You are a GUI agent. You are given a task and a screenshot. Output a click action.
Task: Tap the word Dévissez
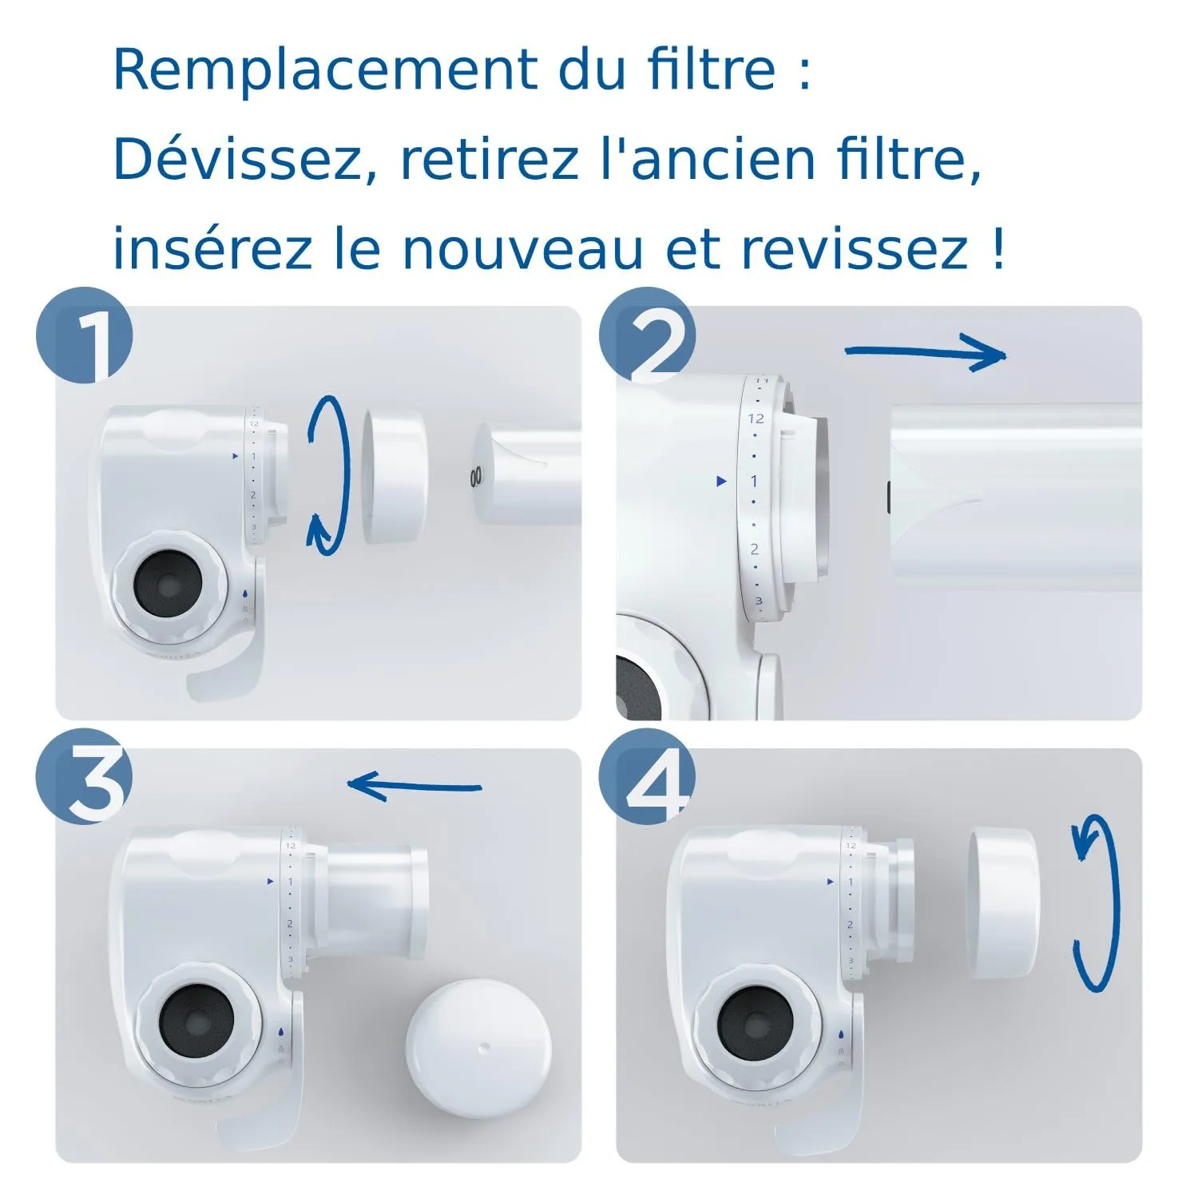tap(237, 160)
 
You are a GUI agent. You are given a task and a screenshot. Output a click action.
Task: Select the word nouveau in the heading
tap(522, 249)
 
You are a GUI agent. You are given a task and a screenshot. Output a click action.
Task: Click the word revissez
tap(854, 249)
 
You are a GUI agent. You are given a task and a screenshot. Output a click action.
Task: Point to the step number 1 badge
tap(85, 335)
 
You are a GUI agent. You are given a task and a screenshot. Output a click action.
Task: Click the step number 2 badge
tap(648, 335)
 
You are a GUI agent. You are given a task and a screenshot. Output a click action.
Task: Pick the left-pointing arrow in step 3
tap(415, 786)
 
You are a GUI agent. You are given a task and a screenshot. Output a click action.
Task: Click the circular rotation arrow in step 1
tap(330, 475)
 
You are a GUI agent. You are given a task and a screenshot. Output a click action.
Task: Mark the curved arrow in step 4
tap(1097, 902)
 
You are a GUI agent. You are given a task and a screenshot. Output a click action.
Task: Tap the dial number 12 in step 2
tap(756, 419)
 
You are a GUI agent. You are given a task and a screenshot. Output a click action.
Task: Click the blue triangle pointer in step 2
tap(722, 481)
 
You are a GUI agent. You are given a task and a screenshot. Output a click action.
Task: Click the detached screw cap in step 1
tap(395, 476)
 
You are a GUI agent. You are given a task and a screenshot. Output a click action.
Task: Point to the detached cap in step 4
tap(1003, 904)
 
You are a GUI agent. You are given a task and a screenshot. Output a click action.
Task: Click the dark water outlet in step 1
tap(168, 587)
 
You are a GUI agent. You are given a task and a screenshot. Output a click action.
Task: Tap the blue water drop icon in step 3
tap(281, 1032)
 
